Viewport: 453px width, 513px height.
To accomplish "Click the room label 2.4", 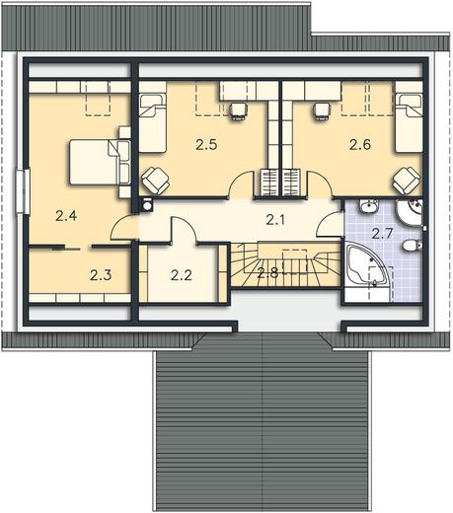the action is click(66, 216).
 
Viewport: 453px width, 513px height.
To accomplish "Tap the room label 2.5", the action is click(206, 145).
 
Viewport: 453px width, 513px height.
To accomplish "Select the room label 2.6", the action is click(360, 144).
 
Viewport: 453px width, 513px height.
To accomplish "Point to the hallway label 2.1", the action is click(275, 220).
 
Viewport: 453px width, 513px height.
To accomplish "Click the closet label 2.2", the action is click(182, 275).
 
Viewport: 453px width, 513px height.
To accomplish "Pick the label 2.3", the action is click(101, 275).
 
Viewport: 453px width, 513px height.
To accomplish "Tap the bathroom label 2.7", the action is click(382, 234).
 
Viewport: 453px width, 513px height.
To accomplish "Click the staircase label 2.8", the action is click(267, 272).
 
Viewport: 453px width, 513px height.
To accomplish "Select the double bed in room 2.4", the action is click(100, 162).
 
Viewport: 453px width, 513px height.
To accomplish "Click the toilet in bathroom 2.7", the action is click(413, 246).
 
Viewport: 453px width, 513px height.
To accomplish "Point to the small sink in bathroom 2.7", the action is click(369, 206).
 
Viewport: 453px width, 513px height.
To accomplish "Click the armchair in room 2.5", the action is click(156, 181).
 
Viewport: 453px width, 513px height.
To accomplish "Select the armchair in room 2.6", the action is click(407, 181).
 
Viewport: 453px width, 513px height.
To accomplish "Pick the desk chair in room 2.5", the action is click(237, 111).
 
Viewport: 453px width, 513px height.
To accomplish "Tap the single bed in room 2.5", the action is click(152, 123).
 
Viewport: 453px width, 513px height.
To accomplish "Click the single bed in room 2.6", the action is click(409, 123).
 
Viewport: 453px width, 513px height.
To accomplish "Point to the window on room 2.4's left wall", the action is click(23, 191).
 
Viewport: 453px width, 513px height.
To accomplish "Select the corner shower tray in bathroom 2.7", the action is click(409, 213).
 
